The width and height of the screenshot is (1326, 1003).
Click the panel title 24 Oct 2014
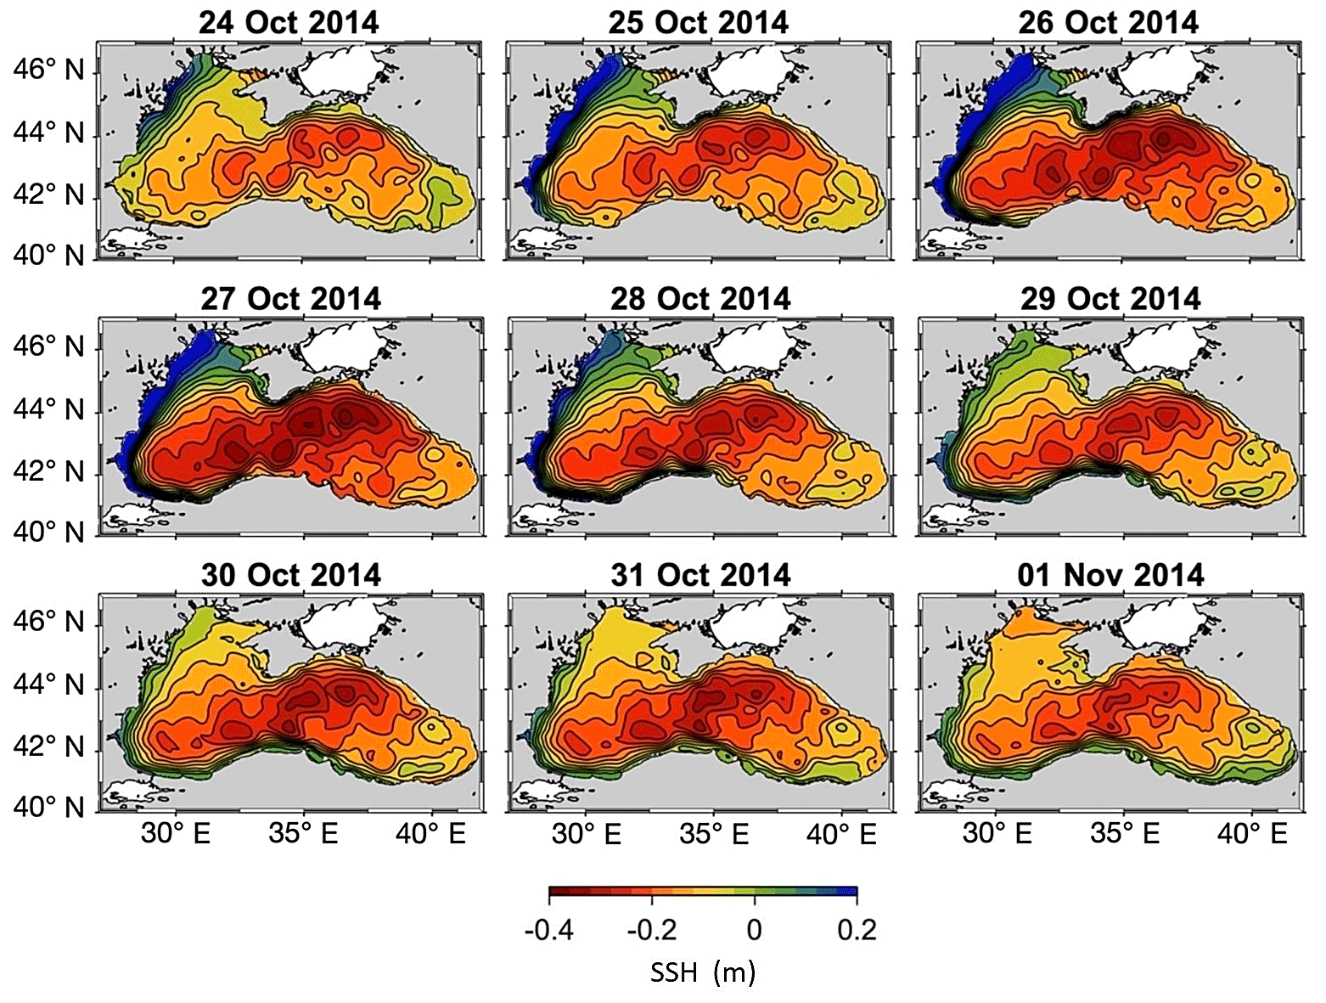[289, 22]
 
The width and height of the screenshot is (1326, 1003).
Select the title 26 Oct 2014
[1108, 22]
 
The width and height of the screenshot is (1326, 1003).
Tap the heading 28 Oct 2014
[700, 299]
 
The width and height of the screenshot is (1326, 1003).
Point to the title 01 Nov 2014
[1110, 575]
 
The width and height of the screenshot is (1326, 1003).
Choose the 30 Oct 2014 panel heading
[290, 575]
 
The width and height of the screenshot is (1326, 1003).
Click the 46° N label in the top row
[48, 70]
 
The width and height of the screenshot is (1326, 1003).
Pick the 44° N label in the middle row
[48, 410]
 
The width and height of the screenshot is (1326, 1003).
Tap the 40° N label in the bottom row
[48, 807]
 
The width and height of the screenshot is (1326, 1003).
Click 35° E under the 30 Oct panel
[303, 834]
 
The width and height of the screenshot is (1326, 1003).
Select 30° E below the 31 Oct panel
[586, 834]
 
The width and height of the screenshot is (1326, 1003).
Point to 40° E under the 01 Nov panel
[1252, 834]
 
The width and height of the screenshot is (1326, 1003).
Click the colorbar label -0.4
[548, 931]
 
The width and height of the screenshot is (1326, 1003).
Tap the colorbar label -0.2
[651, 931]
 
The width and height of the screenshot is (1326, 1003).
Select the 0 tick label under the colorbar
[754, 931]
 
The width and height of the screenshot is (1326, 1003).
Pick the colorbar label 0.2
[856, 931]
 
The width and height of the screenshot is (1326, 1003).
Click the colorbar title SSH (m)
[702, 971]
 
